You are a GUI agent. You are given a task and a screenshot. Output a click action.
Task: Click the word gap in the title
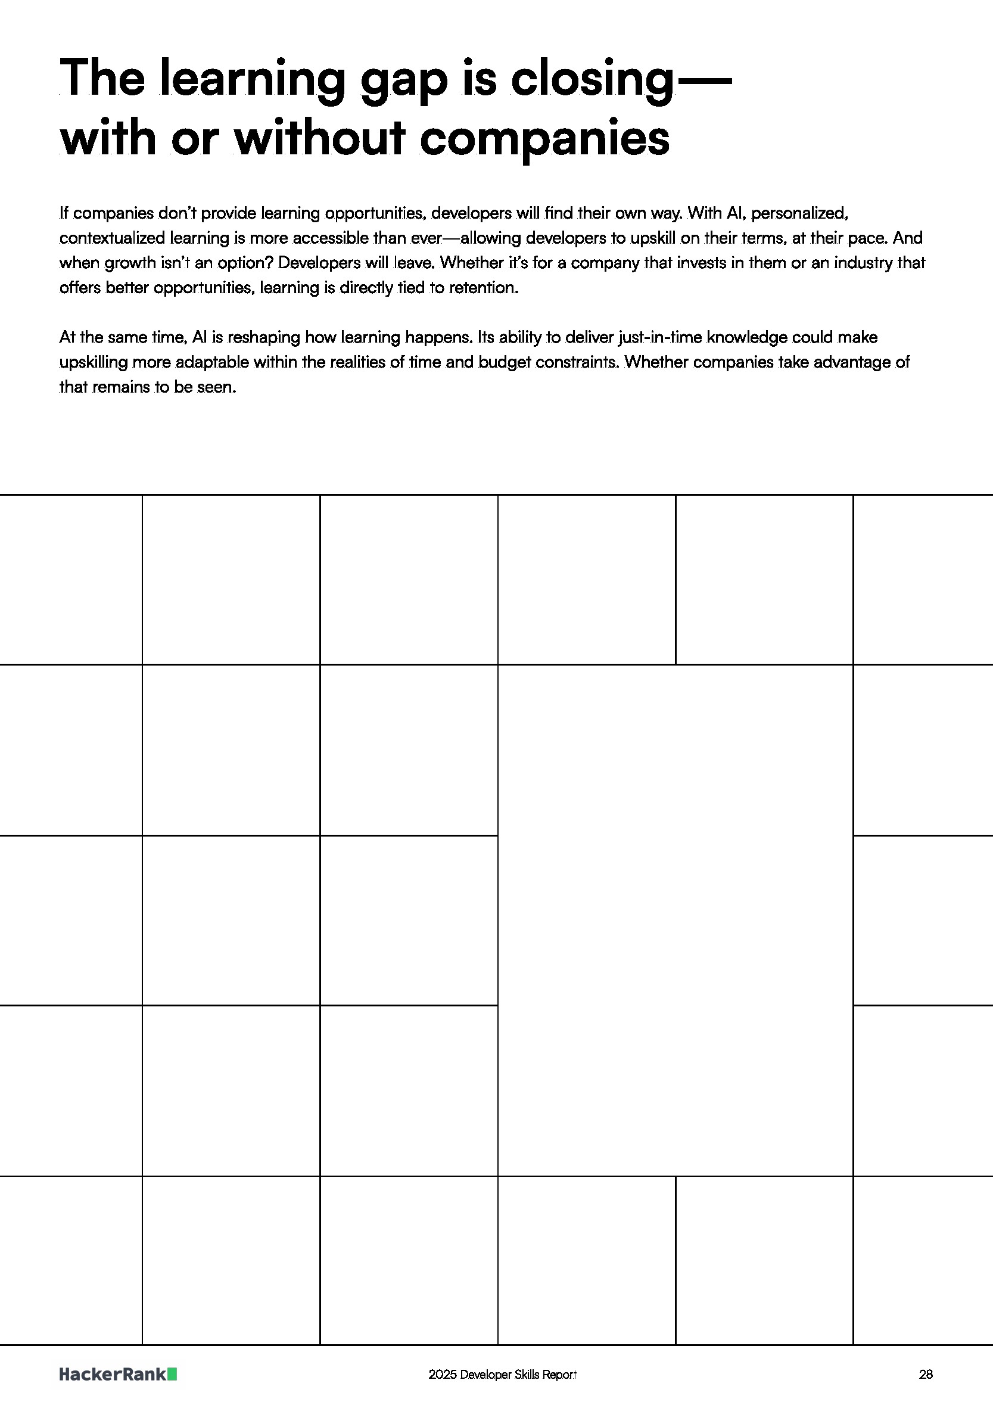[404, 80]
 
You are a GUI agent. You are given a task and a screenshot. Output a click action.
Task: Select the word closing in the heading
[592, 80]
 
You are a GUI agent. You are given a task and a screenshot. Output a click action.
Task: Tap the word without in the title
[319, 138]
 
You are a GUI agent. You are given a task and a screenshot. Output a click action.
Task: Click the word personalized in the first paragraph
[798, 213]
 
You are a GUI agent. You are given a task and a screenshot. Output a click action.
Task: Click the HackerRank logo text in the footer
[113, 1375]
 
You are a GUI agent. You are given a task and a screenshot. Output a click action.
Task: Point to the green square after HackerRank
[173, 1375]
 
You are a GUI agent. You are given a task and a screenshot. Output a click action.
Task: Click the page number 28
[926, 1375]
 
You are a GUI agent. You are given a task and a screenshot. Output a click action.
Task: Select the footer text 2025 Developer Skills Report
[502, 1375]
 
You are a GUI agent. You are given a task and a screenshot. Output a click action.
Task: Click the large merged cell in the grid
[675, 920]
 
